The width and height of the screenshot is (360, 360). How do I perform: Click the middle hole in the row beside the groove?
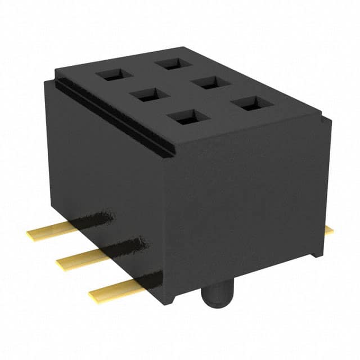point(145,95)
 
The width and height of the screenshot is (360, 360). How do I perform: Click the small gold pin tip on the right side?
point(328,229)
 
